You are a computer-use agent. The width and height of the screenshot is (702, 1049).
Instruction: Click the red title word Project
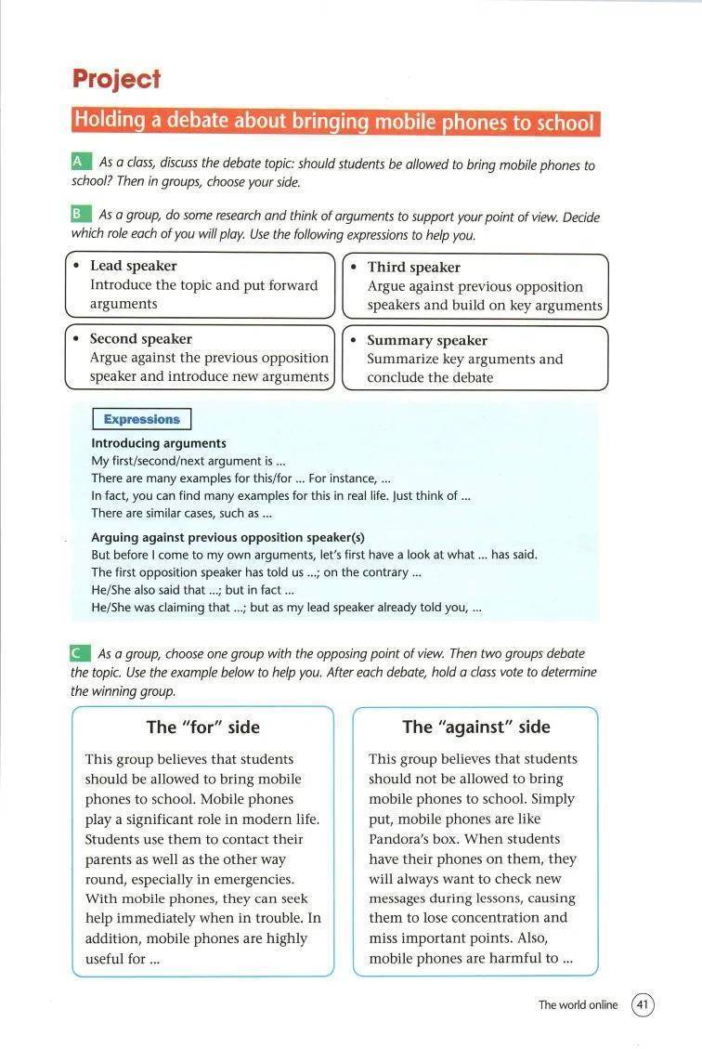(117, 80)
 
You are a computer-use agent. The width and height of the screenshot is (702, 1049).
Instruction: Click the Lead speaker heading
(133, 266)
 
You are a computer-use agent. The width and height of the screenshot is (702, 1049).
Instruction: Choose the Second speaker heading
(140, 339)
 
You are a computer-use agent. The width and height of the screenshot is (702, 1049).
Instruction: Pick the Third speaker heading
(413, 268)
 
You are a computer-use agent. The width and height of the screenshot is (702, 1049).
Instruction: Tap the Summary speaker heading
(426, 341)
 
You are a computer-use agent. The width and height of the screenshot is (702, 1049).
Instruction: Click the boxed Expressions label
(142, 419)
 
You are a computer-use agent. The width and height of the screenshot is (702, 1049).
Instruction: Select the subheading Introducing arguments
(158, 443)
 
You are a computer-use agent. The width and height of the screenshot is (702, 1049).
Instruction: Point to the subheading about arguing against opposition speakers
(227, 537)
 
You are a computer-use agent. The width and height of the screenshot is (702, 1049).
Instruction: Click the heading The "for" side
(202, 728)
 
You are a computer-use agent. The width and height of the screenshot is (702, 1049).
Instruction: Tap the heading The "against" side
(475, 728)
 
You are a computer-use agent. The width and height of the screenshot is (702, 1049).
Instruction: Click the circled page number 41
(643, 1004)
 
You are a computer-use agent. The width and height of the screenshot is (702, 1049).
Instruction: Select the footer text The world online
(578, 1004)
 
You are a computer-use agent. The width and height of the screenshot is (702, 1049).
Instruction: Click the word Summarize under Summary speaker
(402, 360)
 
